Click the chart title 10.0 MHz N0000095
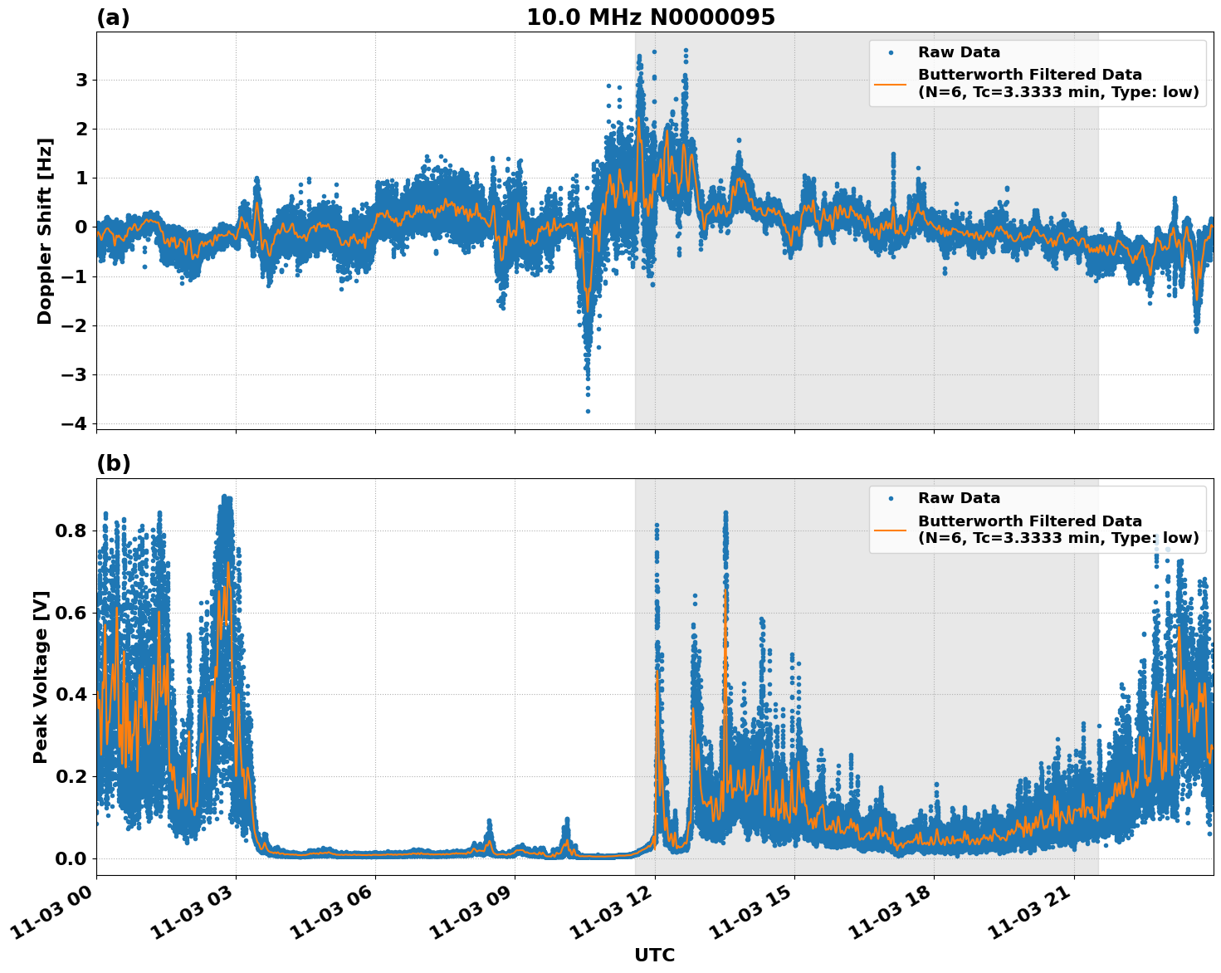point(651,17)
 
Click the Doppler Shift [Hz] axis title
point(45,231)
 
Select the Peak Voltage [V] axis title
point(42,677)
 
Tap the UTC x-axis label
point(654,956)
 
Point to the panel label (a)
point(113,17)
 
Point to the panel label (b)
point(113,463)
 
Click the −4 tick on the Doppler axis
point(74,423)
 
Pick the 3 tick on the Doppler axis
point(81,80)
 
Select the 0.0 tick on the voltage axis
point(71,858)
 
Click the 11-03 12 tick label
point(610,913)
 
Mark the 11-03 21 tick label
point(1029,913)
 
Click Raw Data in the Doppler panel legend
point(959,52)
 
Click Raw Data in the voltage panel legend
point(959,498)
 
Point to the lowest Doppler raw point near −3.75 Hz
point(588,411)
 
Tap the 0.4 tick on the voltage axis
point(71,694)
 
